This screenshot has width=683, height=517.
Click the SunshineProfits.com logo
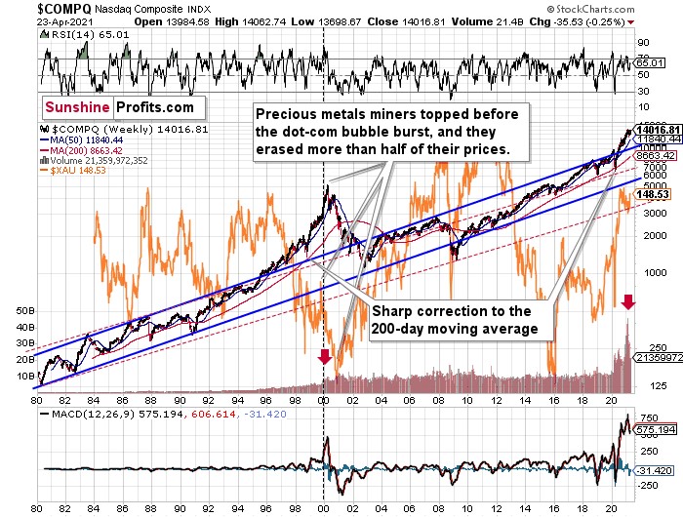[x=117, y=107]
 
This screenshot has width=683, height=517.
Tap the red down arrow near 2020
[x=628, y=302]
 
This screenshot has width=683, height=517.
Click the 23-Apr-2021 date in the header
[x=37, y=20]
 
